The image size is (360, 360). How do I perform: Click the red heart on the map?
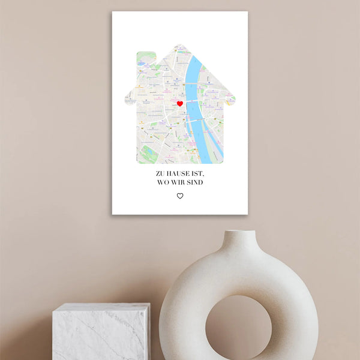pos(179,104)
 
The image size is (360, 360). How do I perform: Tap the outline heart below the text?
pos(180,196)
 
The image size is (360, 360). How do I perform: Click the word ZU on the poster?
pos(160,174)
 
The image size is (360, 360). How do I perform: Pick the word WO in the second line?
pos(163,182)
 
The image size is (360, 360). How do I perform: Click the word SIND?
pos(195,182)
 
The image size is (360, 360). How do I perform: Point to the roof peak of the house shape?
pos(180,46)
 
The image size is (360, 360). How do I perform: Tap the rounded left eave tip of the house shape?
pos(128,100)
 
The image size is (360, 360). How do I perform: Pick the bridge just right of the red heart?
pos(193,103)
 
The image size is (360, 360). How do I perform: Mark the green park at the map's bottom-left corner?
pos(147,154)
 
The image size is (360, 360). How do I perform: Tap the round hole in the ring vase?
pos(238,328)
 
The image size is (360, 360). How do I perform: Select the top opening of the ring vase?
pos(239,233)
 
